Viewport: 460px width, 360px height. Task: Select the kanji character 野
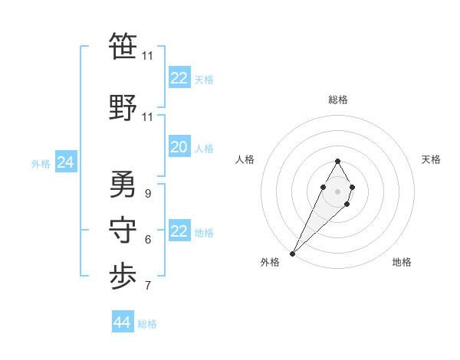click(x=123, y=107)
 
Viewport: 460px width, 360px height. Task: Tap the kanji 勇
click(x=123, y=184)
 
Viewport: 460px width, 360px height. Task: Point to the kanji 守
click(x=123, y=231)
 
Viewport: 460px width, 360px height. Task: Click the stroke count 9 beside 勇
click(x=147, y=194)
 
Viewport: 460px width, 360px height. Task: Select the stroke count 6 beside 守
click(x=147, y=240)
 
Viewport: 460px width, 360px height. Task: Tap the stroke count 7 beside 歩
click(x=147, y=286)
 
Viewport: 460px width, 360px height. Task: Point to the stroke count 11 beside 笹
click(x=147, y=56)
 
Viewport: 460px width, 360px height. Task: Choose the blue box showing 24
click(x=65, y=162)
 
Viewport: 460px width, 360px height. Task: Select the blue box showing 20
click(x=179, y=147)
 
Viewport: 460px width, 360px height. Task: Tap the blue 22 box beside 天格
click(x=179, y=78)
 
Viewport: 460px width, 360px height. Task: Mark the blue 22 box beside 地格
click(x=179, y=231)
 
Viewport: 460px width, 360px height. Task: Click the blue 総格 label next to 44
click(x=147, y=324)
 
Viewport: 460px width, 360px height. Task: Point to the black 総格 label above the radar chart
click(x=338, y=100)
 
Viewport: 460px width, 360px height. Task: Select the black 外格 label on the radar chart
click(x=270, y=262)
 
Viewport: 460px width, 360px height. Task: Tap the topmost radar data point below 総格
click(x=338, y=162)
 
